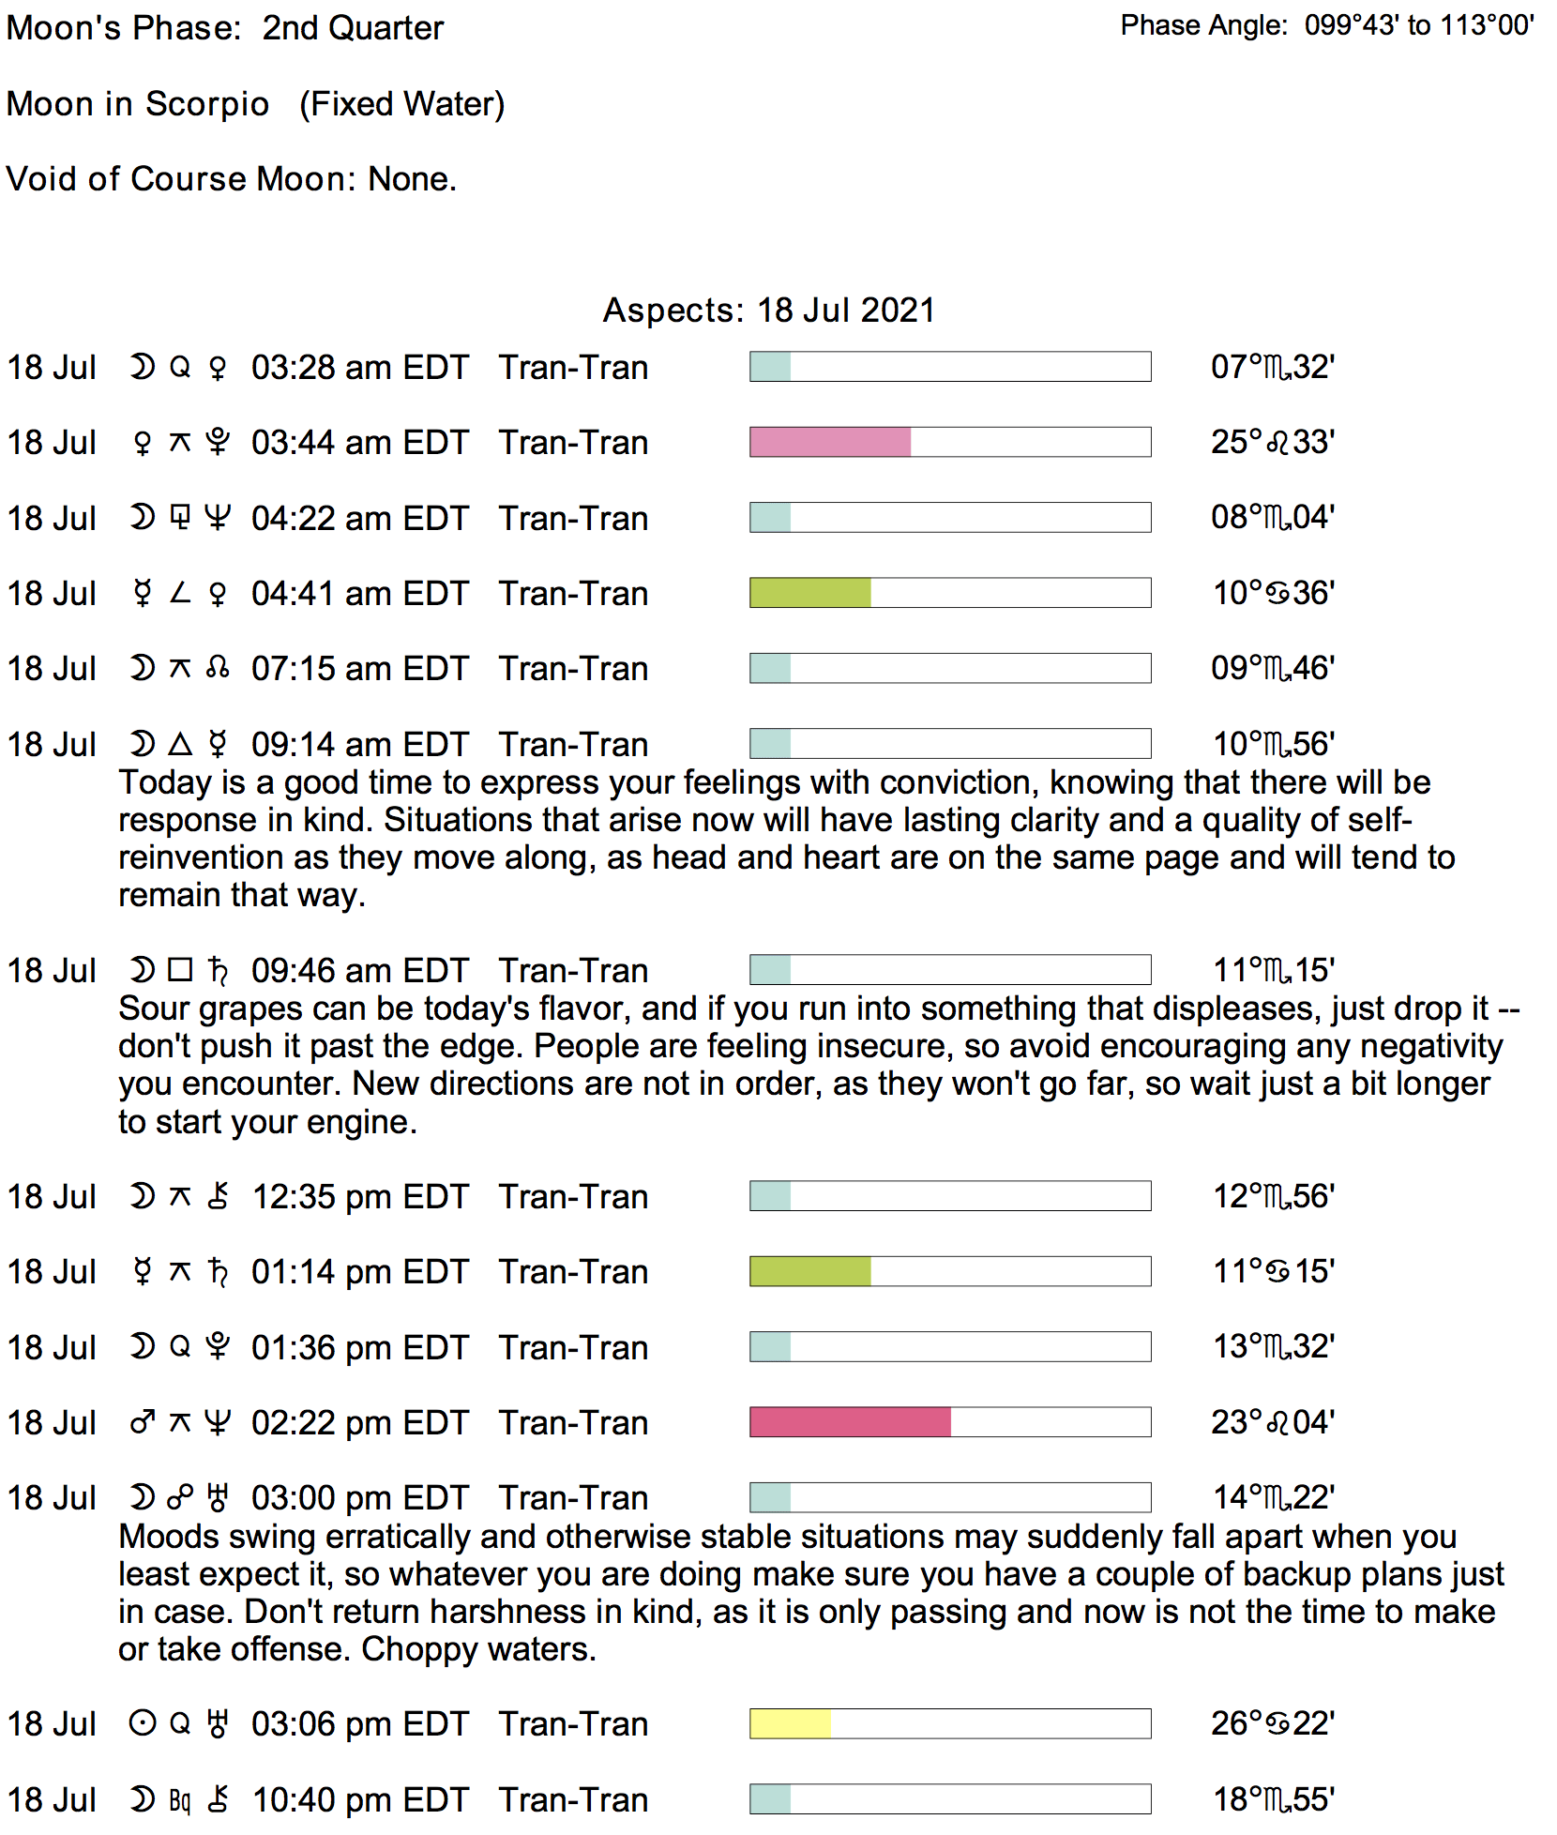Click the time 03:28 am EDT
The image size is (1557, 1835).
pos(359,368)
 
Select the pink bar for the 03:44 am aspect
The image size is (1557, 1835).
pos(830,442)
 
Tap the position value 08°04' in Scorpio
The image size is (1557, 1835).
pos(1273,518)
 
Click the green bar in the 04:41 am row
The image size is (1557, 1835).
pos(810,593)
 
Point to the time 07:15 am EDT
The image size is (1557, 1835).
pos(359,669)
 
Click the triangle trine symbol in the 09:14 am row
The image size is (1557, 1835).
pos(180,744)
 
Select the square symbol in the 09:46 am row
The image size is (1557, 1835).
pos(180,970)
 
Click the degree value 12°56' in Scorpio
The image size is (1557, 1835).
pos(1274,1196)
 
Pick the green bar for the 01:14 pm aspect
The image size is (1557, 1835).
pos(810,1271)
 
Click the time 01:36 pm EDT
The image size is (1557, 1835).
pos(359,1348)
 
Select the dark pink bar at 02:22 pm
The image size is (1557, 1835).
pos(850,1422)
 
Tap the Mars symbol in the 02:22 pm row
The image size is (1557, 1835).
pos(142,1423)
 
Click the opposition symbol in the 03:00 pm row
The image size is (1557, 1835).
pos(180,1498)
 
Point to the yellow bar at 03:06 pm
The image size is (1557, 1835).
pos(790,1723)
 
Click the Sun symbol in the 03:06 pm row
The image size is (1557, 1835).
pos(142,1724)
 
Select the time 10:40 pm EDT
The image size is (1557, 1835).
pos(360,1800)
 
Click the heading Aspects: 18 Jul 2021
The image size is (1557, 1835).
pos(768,311)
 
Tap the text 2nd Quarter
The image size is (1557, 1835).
pos(353,28)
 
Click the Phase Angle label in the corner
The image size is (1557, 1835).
pos(1203,25)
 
